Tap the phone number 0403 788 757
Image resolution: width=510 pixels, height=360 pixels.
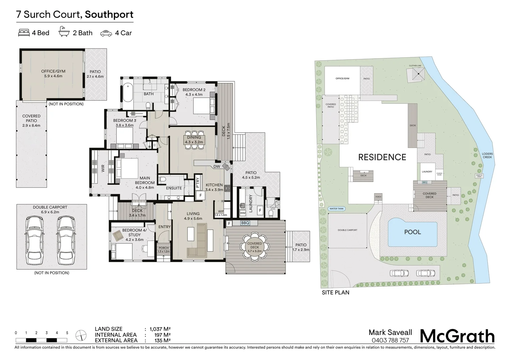(390, 340)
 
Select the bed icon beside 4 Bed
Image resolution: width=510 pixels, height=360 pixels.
(23, 33)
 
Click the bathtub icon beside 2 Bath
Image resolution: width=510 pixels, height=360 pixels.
(64, 32)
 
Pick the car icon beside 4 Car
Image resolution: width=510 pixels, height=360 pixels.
(106, 33)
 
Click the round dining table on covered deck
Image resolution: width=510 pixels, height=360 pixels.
(254, 246)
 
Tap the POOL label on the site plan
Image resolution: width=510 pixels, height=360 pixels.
(413, 232)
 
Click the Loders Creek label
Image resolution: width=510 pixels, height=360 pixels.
(487, 155)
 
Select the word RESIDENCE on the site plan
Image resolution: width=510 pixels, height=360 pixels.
(382, 157)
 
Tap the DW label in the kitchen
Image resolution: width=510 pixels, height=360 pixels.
(216, 166)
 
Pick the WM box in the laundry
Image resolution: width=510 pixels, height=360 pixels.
(242, 213)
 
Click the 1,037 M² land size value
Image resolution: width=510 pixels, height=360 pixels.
(160, 329)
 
